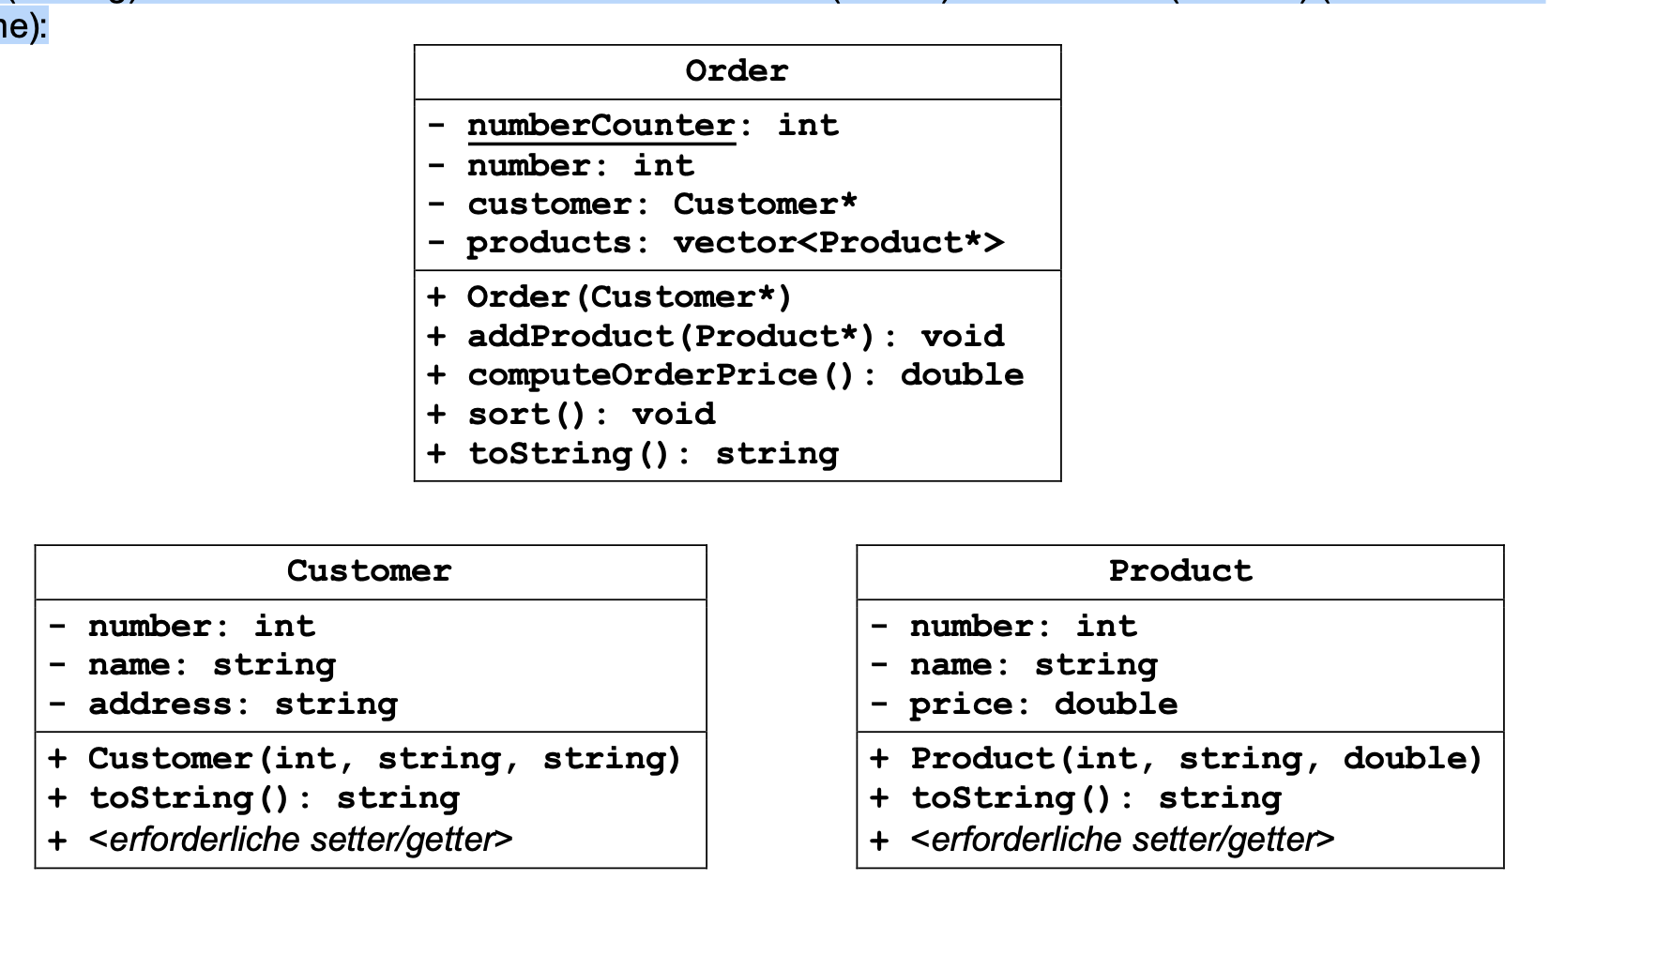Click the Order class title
coord(737,71)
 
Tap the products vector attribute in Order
coord(735,243)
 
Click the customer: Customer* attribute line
coord(661,205)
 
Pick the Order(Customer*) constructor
coord(629,297)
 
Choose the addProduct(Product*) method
coord(735,337)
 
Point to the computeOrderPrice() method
coord(745,375)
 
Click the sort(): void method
coord(591,415)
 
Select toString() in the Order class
coord(652,454)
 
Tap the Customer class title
coord(369,571)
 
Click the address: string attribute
coord(242,705)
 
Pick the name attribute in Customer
coord(211,665)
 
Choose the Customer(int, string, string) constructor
coord(384,759)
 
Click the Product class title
coord(1180,571)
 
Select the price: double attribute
coord(1042,705)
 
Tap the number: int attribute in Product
coord(1023,627)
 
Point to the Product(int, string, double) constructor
coord(1195,759)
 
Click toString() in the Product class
coord(1096,799)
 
